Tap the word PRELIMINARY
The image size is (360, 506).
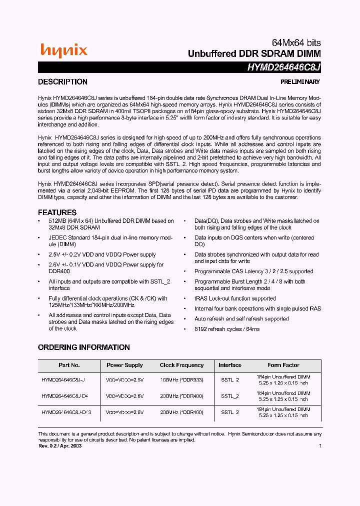point(299,82)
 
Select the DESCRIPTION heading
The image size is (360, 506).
point(62,82)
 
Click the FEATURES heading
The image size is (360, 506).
point(57,212)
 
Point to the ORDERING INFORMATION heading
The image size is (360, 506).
point(83,347)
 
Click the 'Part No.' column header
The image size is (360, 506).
point(69,365)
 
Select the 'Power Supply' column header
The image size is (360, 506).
point(124,365)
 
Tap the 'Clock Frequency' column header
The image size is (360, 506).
point(181,365)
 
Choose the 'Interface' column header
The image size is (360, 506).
point(229,365)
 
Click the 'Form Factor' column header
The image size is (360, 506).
point(283,365)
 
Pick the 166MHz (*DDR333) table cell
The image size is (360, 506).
point(181,380)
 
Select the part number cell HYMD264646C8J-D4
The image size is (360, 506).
point(64,396)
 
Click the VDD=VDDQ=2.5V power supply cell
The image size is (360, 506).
point(124,380)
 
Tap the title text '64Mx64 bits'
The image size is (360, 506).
point(296,43)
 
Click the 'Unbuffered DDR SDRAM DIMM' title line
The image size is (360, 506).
point(254,53)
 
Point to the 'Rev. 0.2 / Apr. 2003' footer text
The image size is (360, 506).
point(59,445)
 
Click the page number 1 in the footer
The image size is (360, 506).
point(319,445)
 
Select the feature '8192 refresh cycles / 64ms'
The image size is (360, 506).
point(226,329)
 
